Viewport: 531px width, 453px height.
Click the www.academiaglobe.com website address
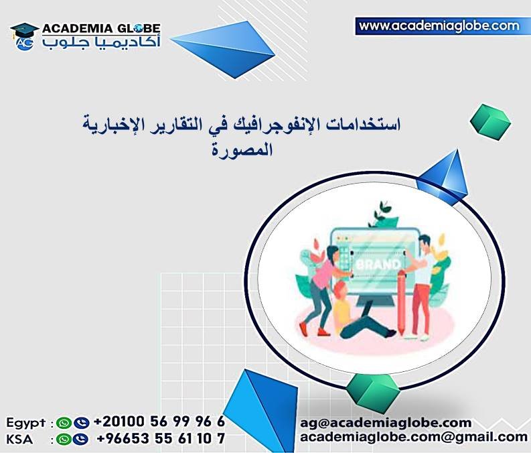439,26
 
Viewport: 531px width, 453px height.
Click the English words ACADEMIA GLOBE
100,29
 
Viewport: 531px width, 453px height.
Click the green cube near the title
490,120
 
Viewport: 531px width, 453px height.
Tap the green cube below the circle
372,390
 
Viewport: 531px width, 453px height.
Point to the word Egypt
26,423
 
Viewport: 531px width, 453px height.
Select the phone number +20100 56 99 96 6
159,422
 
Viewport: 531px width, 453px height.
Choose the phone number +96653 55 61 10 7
161,440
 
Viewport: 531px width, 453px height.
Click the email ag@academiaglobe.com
385,423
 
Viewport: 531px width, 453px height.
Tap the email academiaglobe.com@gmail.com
413,438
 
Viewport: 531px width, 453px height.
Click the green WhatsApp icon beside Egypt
64,423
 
